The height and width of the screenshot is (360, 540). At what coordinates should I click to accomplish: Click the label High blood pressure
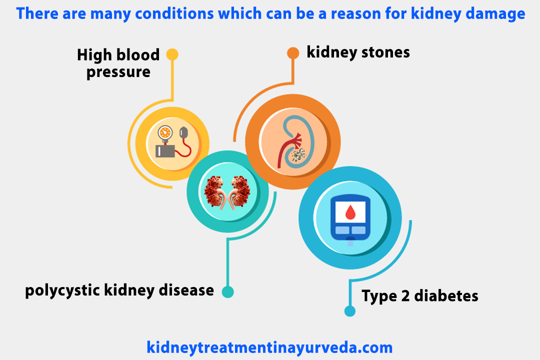tap(118, 63)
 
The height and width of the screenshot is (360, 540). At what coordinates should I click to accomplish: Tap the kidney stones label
tap(358, 52)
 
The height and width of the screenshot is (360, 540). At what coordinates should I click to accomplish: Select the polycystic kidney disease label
tap(119, 290)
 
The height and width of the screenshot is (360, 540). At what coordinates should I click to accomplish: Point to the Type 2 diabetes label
tap(420, 295)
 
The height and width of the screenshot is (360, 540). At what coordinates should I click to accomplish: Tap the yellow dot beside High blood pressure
tap(172, 54)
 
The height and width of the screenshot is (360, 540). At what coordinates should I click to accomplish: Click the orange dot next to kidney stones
tap(292, 52)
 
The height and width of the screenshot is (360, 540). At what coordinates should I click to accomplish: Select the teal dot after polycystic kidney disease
tap(227, 291)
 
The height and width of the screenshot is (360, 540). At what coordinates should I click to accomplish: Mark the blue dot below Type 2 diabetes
tap(350, 311)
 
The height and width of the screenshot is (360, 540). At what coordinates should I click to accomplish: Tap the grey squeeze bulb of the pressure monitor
tap(184, 132)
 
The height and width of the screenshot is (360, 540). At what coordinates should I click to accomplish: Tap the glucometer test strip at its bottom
tap(350, 242)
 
